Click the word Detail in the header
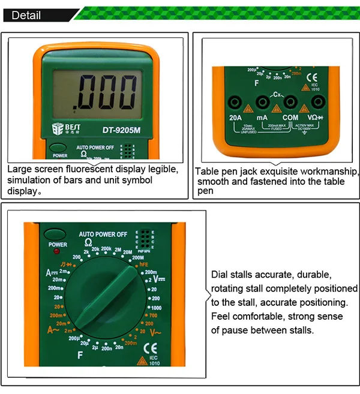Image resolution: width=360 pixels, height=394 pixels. click(26, 14)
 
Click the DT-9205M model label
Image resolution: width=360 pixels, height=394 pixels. click(121, 128)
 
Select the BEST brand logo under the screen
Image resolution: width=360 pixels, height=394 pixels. click(64, 128)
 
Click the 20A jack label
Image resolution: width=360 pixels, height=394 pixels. click(235, 118)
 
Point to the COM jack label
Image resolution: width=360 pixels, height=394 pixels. click(290, 118)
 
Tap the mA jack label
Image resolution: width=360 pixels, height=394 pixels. click(262, 118)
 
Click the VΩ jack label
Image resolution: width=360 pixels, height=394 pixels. click(316, 118)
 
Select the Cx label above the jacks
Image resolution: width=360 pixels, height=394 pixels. click(277, 95)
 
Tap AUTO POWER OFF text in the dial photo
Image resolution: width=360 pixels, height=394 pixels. click(103, 234)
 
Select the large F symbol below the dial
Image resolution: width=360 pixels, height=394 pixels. click(79, 356)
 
